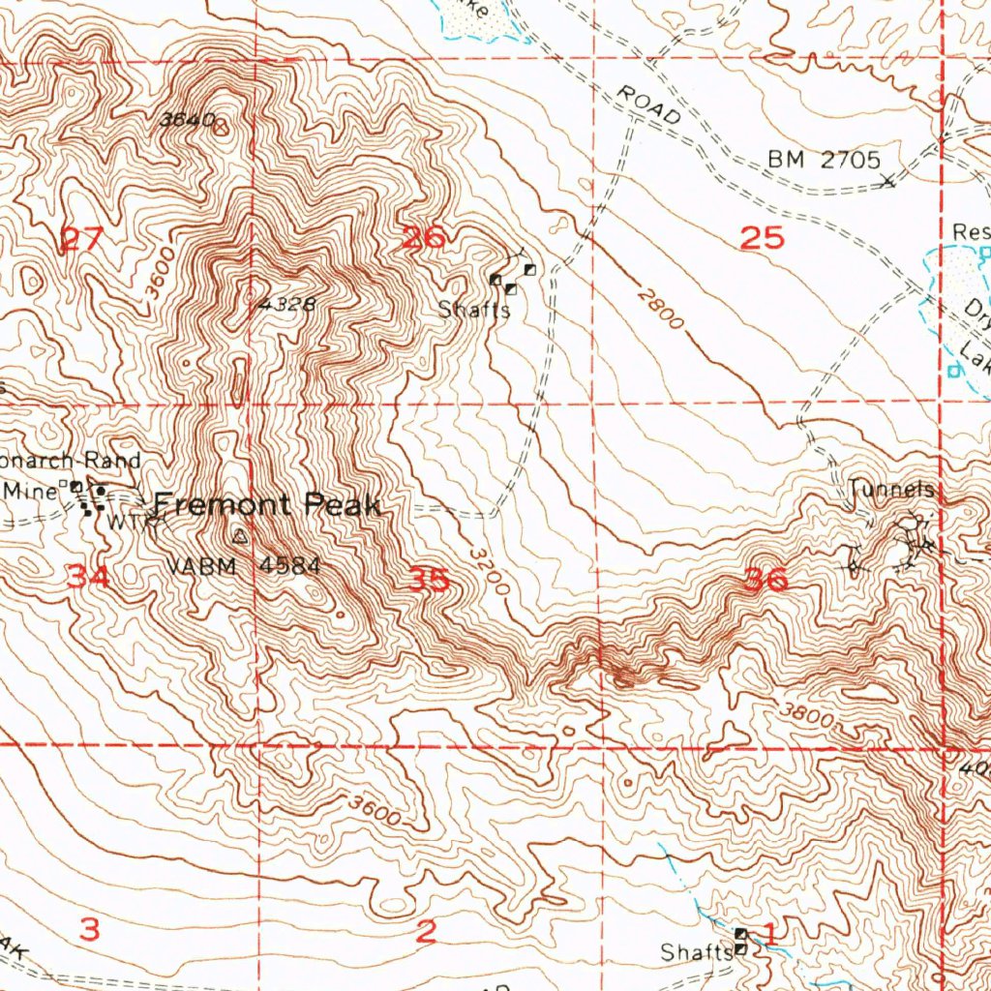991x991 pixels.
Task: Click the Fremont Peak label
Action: click(268, 504)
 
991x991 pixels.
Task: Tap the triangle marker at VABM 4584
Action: click(240, 534)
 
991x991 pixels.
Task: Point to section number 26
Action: click(423, 237)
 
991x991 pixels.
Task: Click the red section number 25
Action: click(761, 238)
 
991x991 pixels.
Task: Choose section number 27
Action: click(80, 238)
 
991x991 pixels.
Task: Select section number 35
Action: click(429, 580)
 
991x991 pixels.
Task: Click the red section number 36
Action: click(766, 581)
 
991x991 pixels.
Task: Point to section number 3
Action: click(89, 930)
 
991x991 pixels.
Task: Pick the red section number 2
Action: click(426, 932)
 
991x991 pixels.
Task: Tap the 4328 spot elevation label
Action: click(287, 304)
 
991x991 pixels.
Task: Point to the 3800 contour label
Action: click(806, 716)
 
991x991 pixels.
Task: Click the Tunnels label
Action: click(891, 490)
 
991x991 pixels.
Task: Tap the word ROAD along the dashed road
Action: click(648, 104)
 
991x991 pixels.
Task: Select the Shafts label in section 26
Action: click(473, 310)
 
